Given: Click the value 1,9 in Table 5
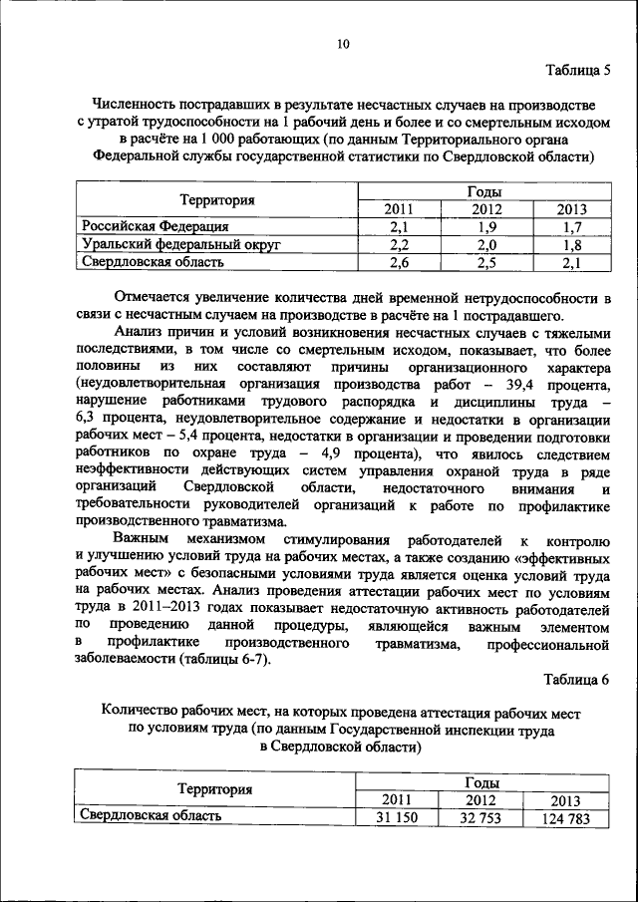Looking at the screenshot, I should tap(486, 226).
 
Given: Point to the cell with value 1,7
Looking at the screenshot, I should tap(572, 226).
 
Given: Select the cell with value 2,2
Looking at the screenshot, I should tap(400, 244).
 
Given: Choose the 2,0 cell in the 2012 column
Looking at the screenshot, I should tap(486, 244).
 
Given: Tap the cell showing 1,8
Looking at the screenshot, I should tap(572, 244).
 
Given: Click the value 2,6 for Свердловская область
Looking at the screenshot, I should tap(400, 262).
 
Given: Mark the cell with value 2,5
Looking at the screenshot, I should tap(486, 262).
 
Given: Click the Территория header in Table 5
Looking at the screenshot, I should tap(217, 199).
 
